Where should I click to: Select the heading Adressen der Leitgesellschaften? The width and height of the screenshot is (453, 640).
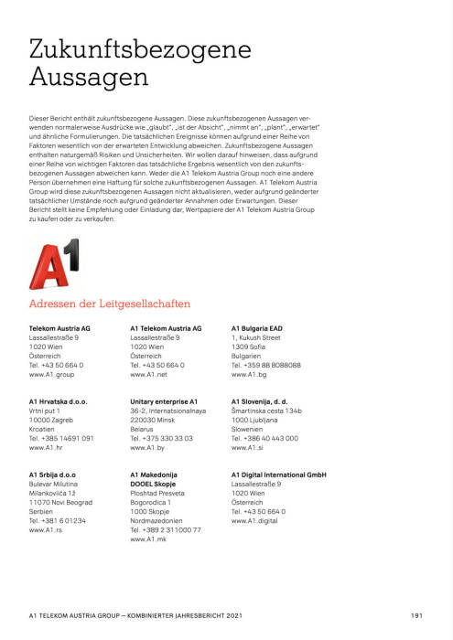pos(110,304)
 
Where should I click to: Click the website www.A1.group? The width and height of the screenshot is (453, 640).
pos(52,375)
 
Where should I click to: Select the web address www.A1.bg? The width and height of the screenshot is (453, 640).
pos(250,375)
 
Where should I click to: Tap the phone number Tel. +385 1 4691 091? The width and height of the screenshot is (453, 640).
pos(61,439)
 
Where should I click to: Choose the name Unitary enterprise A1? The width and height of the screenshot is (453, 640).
pos(165,401)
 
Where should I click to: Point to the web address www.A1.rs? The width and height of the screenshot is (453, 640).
pos(46,529)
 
